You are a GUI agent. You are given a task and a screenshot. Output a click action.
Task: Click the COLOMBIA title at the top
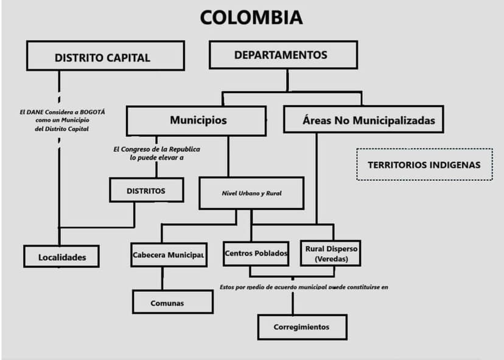pyautogui.click(x=251, y=18)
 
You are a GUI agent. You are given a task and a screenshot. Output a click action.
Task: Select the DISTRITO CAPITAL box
pyautogui.click(x=105, y=55)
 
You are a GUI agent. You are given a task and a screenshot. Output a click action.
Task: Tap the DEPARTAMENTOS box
pyautogui.click(x=283, y=55)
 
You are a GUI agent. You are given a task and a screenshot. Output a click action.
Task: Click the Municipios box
pyautogui.click(x=197, y=121)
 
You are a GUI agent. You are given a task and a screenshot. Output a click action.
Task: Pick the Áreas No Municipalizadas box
pyautogui.click(x=363, y=119)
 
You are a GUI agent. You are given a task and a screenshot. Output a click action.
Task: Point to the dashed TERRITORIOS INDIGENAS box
pyautogui.click(x=424, y=164)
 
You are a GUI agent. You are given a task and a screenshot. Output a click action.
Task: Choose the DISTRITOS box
pyautogui.click(x=147, y=190)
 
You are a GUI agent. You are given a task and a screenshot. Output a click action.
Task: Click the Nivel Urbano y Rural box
pyautogui.click(x=251, y=193)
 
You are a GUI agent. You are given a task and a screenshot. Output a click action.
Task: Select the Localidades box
pyautogui.click(x=61, y=256)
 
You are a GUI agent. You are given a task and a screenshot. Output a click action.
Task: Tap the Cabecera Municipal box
pyautogui.click(x=169, y=255)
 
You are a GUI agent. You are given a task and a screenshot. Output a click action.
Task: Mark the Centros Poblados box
pyautogui.click(x=256, y=254)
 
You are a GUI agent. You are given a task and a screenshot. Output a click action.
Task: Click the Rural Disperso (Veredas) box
pyautogui.click(x=331, y=253)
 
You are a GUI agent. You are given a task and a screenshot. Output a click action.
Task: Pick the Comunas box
pyautogui.click(x=173, y=302)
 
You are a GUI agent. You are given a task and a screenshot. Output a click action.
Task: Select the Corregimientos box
pyautogui.click(x=302, y=327)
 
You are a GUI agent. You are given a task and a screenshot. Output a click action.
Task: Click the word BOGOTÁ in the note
pyautogui.click(x=93, y=112)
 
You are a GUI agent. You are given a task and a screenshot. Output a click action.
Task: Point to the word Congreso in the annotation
pyautogui.click(x=133, y=150)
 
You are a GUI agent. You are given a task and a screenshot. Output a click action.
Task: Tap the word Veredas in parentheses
pyautogui.click(x=331, y=259)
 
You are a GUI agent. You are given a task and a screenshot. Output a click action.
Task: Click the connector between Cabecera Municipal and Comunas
pyautogui.click(x=163, y=279)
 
